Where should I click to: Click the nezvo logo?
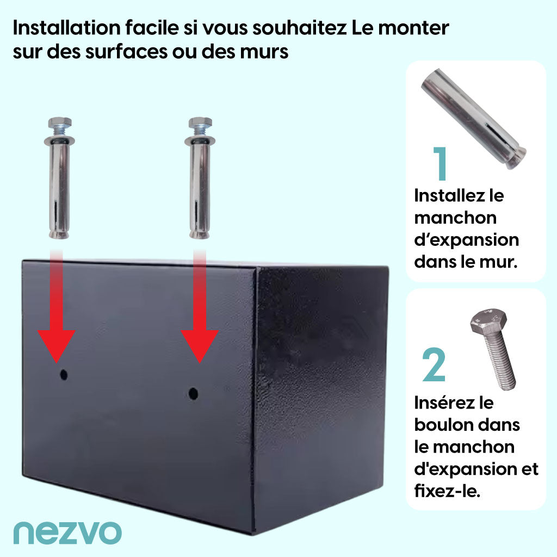pyautogui.click(x=67, y=533)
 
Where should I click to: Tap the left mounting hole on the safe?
pyautogui.click(x=64, y=374)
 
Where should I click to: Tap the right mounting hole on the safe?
pyautogui.click(x=193, y=393)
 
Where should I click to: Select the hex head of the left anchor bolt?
pyautogui.click(x=60, y=123)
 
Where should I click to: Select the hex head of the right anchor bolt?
pyautogui.click(x=200, y=123)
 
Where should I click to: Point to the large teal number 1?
pyautogui.click(x=441, y=163)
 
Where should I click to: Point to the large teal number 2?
pyautogui.click(x=434, y=365)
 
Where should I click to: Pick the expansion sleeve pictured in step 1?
pyautogui.click(x=473, y=119)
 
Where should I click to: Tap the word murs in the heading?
pyautogui.click(x=264, y=52)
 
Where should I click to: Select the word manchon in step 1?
pyautogui.click(x=455, y=218)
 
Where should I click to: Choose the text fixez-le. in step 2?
pyautogui.click(x=447, y=491)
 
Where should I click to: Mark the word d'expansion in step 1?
pyautogui.click(x=466, y=240)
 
